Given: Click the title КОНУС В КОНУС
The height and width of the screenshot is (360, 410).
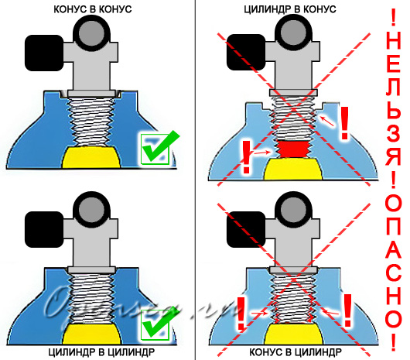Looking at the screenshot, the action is pyautogui.click(x=93, y=9).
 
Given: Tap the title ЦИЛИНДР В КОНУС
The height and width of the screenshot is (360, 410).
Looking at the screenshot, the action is pyautogui.click(x=290, y=9).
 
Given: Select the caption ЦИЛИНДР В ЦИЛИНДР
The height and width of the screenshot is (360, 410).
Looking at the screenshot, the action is pyautogui.click(x=101, y=352).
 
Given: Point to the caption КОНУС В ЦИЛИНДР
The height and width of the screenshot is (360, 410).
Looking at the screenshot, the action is pyautogui.click(x=296, y=352).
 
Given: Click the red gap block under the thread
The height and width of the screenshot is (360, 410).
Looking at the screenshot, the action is pyautogui.click(x=293, y=149).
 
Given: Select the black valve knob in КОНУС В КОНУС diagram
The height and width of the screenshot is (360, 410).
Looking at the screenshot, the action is pyautogui.click(x=44, y=53).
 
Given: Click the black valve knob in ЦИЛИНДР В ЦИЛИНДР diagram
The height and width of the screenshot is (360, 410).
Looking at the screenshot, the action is pyautogui.click(x=44, y=229).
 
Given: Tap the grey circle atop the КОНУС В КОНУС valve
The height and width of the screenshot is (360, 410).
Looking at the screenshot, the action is pyautogui.click(x=91, y=33).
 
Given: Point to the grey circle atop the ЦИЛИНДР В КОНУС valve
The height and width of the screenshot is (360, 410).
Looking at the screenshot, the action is pyautogui.click(x=293, y=33).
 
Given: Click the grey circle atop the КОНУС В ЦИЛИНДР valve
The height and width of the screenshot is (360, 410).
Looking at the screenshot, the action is pyautogui.click(x=293, y=210).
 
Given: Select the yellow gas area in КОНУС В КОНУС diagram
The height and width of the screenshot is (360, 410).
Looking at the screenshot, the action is pyautogui.click(x=91, y=157).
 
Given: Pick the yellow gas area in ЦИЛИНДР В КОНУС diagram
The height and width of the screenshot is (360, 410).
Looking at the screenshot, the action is pyautogui.click(x=293, y=169).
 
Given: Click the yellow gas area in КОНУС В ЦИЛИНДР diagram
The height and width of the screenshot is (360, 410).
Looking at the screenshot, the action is pyautogui.click(x=293, y=334).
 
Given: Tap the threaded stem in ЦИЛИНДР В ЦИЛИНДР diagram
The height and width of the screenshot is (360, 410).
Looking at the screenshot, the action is pyautogui.click(x=91, y=298).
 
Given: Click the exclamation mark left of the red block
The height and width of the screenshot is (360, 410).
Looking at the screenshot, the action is pyautogui.click(x=246, y=157).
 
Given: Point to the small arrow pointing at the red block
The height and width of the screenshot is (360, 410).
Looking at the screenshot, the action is pyautogui.click(x=263, y=152).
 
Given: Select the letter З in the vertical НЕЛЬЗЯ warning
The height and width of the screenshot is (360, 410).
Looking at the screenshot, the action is pyautogui.click(x=393, y=135).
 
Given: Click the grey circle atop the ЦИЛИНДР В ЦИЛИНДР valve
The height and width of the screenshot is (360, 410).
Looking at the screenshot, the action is pyautogui.click(x=91, y=210).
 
